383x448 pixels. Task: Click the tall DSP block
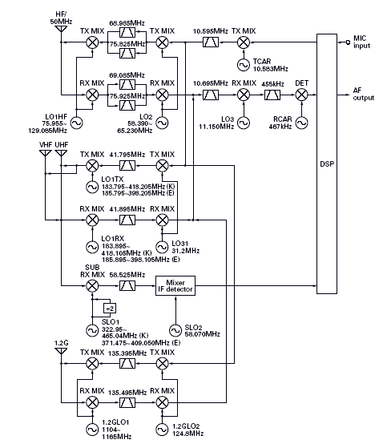point(327,164)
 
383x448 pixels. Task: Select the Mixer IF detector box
point(175,286)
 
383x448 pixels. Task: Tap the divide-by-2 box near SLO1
point(110,309)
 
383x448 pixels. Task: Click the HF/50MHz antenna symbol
point(61,30)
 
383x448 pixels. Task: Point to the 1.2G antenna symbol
point(61,351)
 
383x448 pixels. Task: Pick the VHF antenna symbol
point(46,153)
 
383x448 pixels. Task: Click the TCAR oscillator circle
point(244,65)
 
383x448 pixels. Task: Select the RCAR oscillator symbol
point(301,123)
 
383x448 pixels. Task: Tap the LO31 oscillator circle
point(162,247)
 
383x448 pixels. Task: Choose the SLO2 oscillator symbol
point(175,330)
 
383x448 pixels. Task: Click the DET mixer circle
point(301,95)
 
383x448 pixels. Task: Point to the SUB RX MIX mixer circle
point(92,286)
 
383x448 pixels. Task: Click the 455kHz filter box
point(272,95)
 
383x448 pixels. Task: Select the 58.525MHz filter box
point(127,286)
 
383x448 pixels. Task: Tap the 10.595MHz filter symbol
point(211,42)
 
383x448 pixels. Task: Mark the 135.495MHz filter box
point(127,403)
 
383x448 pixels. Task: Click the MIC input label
point(362,42)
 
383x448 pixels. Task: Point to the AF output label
point(363,94)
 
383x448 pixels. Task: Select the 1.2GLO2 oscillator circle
point(162,430)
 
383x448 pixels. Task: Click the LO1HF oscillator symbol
point(77,123)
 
